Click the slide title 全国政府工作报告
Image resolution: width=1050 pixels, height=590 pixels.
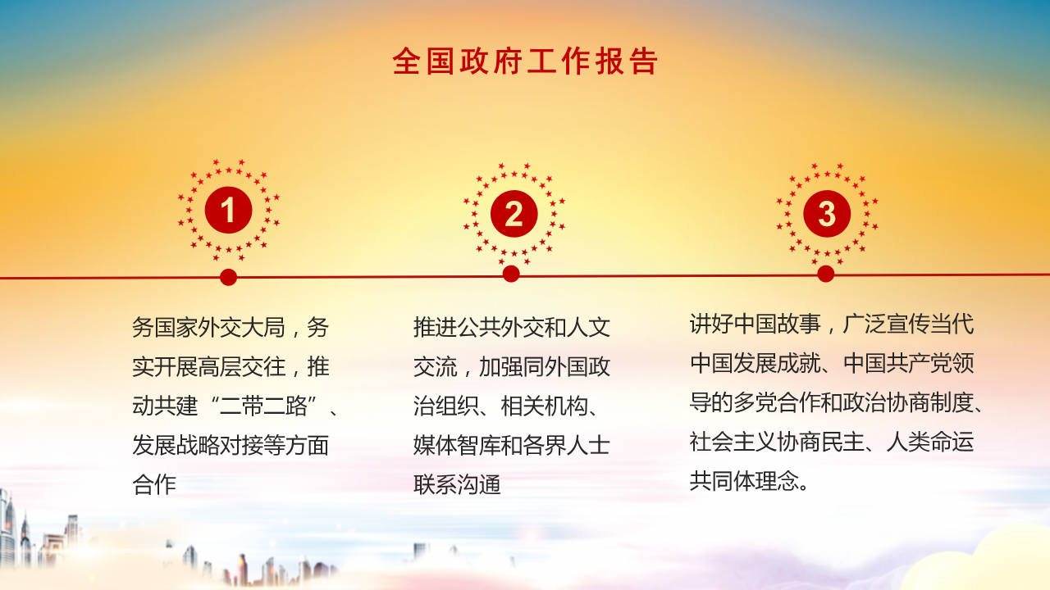[525, 61]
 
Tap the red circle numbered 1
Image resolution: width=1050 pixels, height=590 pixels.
[228, 211]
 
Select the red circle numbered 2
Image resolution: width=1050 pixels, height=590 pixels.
[514, 215]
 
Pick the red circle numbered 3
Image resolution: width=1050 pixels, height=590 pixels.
[827, 214]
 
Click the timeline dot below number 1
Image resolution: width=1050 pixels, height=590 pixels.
[229, 277]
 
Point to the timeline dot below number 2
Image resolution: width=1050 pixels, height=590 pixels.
[511, 274]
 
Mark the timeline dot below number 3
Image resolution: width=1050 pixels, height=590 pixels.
[826, 274]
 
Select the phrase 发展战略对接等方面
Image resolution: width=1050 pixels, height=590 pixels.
[231, 446]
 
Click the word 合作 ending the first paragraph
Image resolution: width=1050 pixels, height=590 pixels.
[154, 485]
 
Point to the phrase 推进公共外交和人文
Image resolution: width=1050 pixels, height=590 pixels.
[512, 328]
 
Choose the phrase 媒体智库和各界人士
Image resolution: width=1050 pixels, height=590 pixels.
[512, 446]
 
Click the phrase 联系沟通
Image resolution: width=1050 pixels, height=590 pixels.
[457, 485]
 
